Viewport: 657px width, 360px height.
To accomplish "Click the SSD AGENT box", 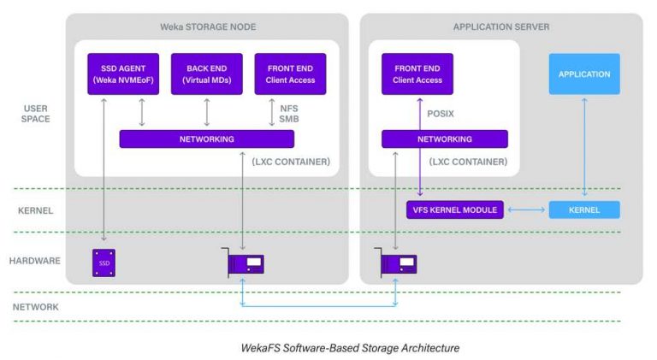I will point(120,74).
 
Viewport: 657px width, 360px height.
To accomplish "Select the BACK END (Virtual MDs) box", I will point(206,74).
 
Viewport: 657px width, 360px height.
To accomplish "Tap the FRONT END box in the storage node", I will point(285,74).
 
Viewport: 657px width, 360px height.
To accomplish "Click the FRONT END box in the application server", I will point(417,74).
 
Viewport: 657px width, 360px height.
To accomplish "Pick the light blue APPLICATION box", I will point(584,74).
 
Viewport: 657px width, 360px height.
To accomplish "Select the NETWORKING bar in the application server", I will point(444,139).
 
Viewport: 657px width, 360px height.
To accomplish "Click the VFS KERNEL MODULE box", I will point(454,210).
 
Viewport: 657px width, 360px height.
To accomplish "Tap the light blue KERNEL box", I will point(584,210).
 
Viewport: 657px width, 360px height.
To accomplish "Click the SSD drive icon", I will point(104,263).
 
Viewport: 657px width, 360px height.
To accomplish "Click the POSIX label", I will point(442,111).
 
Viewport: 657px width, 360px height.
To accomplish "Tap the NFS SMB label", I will point(289,115).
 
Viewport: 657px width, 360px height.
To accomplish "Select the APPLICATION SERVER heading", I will point(500,27).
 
